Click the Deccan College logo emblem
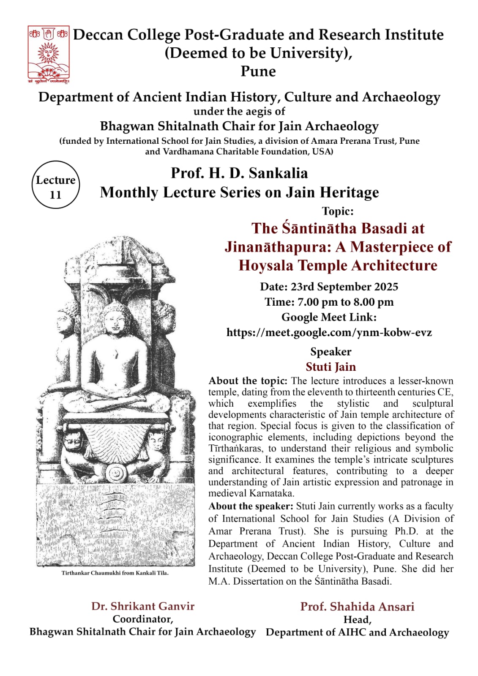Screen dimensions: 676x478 pyautogui.click(x=48, y=54)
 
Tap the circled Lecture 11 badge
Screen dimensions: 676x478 pyautogui.click(x=55, y=185)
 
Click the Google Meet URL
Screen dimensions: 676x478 pyautogui.click(x=329, y=332)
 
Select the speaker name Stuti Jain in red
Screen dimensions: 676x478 pyautogui.click(x=331, y=367)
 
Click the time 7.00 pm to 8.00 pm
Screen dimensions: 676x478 pyautogui.click(x=329, y=302)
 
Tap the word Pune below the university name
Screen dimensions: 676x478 pyautogui.click(x=258, y=71)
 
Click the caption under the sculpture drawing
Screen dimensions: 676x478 pyautogui.click(x=115, y=573)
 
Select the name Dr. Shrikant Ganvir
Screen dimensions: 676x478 pyautogui.click(x=143, y=606)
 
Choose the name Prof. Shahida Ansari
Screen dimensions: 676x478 pyautogui.click(x=357, y=607)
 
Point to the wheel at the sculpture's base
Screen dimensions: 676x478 pyautogui.click(x=115, y=473)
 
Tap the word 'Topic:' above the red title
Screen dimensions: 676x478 pyautogui.click(x=337, y=211)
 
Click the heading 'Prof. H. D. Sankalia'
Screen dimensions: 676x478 pyautogui.click(x=239, y=173)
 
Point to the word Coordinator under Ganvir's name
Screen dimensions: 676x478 pyautogui.click(x=142, y=619)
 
